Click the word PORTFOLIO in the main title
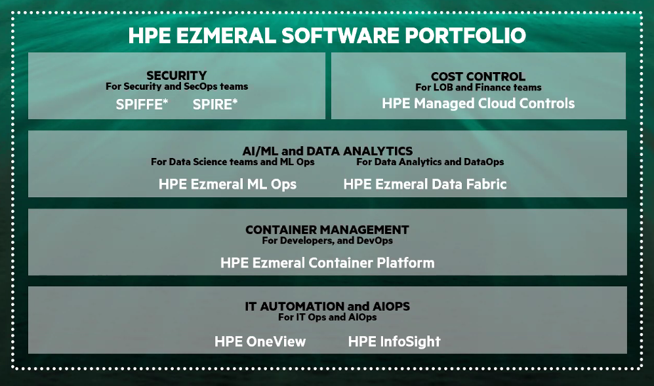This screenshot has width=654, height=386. pos(465,35)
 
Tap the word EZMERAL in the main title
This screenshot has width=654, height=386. pos(226,35)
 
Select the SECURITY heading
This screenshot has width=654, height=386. pos(176,75)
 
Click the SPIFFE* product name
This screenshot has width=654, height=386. pos(142,104)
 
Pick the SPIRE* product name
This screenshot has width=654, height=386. pos(215,104)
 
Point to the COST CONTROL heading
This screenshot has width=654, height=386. pos(478,77)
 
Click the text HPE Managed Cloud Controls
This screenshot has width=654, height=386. pos(478,104)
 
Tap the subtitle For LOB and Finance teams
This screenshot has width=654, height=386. pos(478,88)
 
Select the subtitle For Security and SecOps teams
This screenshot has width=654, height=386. pos(176,87)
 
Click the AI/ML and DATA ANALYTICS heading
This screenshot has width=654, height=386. pos(327,151)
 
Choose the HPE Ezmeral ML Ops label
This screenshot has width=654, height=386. pos(228,184)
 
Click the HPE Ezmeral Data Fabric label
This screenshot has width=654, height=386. pos(425,184)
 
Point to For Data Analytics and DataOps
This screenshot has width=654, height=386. pos(430,162)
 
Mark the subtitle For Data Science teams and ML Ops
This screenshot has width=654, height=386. pos(233,162)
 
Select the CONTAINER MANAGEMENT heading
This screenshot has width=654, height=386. pos(327,229)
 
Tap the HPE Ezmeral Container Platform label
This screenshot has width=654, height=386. pos(327,263)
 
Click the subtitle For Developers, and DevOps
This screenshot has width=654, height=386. pos(327,241)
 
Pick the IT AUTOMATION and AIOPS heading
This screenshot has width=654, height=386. pos(327,307)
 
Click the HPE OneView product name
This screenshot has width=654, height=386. pos(260,342)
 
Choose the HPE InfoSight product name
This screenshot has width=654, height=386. pos(394,342)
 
